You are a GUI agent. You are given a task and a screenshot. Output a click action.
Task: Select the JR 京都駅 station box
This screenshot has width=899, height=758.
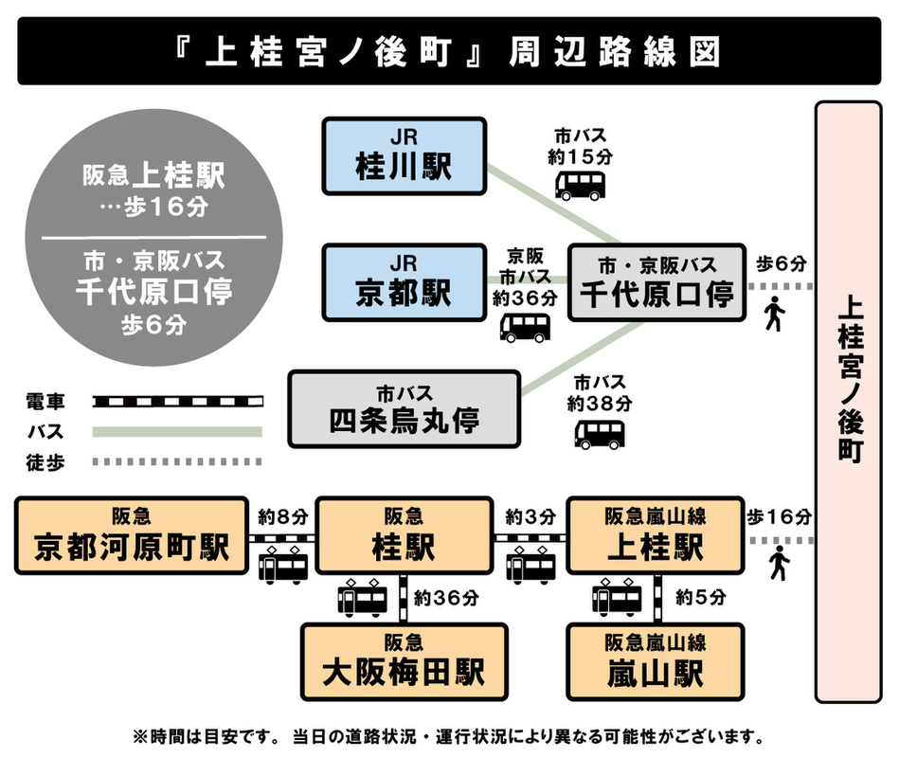pyautogui.click(x=404, y=283)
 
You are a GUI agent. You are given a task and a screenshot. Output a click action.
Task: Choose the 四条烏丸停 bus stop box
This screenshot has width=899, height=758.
pyautogui.click(x=405, y=409)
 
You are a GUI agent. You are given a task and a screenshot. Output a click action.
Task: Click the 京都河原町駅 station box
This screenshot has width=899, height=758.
pyautogui.click(x=132, y=535)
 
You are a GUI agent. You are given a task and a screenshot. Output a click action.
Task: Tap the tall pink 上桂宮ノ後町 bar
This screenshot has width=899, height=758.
pyautogui.click(x=850, y=402)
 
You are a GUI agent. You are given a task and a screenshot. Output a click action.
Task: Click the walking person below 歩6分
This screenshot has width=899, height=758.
pyautogui.click(x=775, y=314)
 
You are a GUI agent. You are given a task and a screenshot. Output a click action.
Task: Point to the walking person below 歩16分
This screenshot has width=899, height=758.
pyautogui.click(x=780, y=563)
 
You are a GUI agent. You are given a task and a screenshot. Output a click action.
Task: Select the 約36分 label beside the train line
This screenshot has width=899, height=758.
pyautogui.click(x=445, y=598)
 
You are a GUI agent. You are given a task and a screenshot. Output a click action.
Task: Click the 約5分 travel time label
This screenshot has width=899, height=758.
pyautogui.click(x=701, y=598)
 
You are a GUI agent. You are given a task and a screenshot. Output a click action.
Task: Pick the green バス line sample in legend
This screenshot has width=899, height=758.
pyautogui.click(x=177, y=432)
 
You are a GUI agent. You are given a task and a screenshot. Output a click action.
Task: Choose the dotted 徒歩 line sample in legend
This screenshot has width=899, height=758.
pyautogui.click(x=177, y=461)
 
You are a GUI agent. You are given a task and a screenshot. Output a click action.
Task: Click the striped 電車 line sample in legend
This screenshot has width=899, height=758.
pyautogui.click(x=177, y=402)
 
